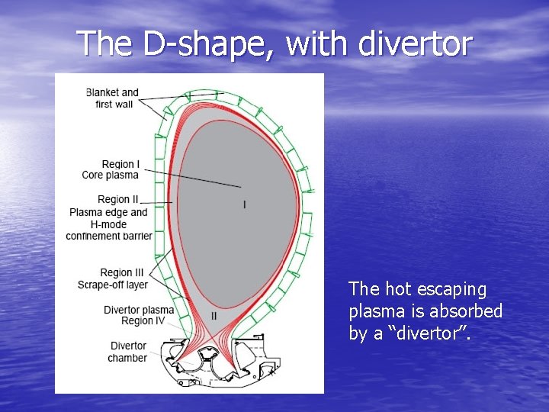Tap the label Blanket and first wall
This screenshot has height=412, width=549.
tap(113, 98)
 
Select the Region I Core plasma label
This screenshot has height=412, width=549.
tap(111, 169)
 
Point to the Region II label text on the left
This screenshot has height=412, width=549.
tap(119, 200)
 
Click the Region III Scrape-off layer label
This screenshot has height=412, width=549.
tap(113, 278)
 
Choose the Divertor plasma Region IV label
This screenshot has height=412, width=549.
tap(139, 316)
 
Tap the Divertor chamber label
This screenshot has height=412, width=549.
tap(127, 352)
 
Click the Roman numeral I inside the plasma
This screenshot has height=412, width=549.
tap(245, 204)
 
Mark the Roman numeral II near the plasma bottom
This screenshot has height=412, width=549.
tap(213, 316)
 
